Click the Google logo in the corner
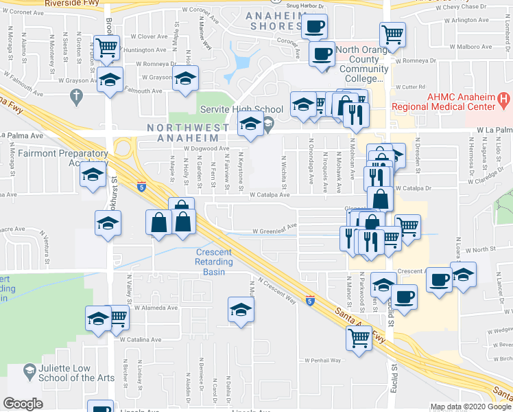click(23, 403)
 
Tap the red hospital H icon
click(504, 100)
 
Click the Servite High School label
click(241, 109)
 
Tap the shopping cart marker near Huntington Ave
click(107, 47)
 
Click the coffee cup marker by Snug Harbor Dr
click(314, 27)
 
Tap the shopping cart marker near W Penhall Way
click(359, 337)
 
